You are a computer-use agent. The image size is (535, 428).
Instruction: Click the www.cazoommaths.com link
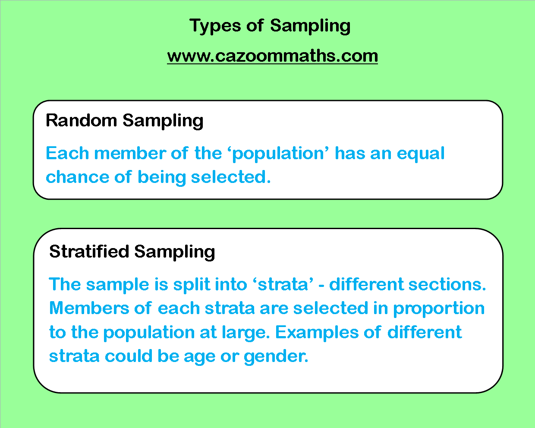click(272, 56)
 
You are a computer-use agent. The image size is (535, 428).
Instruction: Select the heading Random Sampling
click(124, 120)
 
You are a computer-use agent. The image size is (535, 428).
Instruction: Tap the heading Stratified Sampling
click(132, 252)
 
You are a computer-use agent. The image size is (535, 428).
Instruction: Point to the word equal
click(420, 154)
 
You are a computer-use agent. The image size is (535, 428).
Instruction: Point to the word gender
click(276, 356)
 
